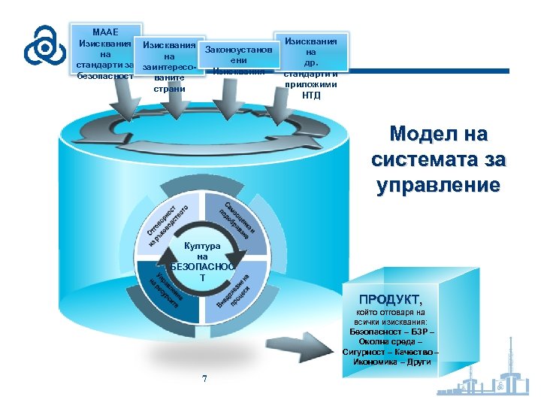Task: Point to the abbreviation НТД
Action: (310, 95)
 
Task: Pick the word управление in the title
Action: (438, 186)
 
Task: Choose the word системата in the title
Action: (438, 160)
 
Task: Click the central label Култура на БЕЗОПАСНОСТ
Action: (201, 262)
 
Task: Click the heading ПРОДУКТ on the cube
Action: (390, 299)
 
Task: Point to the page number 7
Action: (204, 377)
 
